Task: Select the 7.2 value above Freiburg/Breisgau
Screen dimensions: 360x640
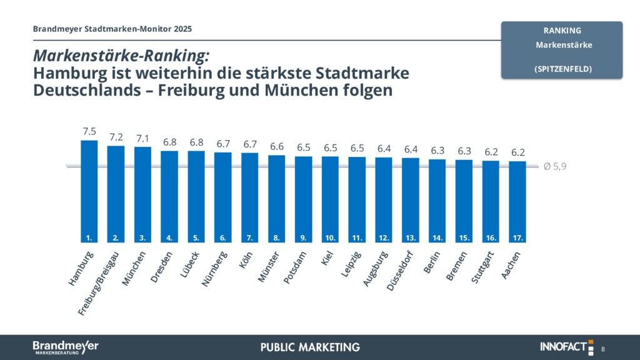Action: click(116, 137)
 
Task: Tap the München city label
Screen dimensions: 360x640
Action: click(134, 269)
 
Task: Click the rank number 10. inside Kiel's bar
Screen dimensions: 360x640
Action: click(330, 237)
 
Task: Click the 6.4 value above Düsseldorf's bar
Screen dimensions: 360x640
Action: click(411, 149)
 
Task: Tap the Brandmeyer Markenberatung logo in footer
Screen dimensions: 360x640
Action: click(65, 347)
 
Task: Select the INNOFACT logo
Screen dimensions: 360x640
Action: click(566, 347)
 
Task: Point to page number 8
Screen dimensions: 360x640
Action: click(603, 348)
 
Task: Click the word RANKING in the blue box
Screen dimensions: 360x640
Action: click(562, 30)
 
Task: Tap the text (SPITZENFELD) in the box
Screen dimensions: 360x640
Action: click(562, 69)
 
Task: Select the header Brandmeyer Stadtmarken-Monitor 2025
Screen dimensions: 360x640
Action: click(112, 29)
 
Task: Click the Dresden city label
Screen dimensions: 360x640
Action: click(162, 267)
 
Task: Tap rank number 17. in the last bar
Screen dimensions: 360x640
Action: click(517, 237)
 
